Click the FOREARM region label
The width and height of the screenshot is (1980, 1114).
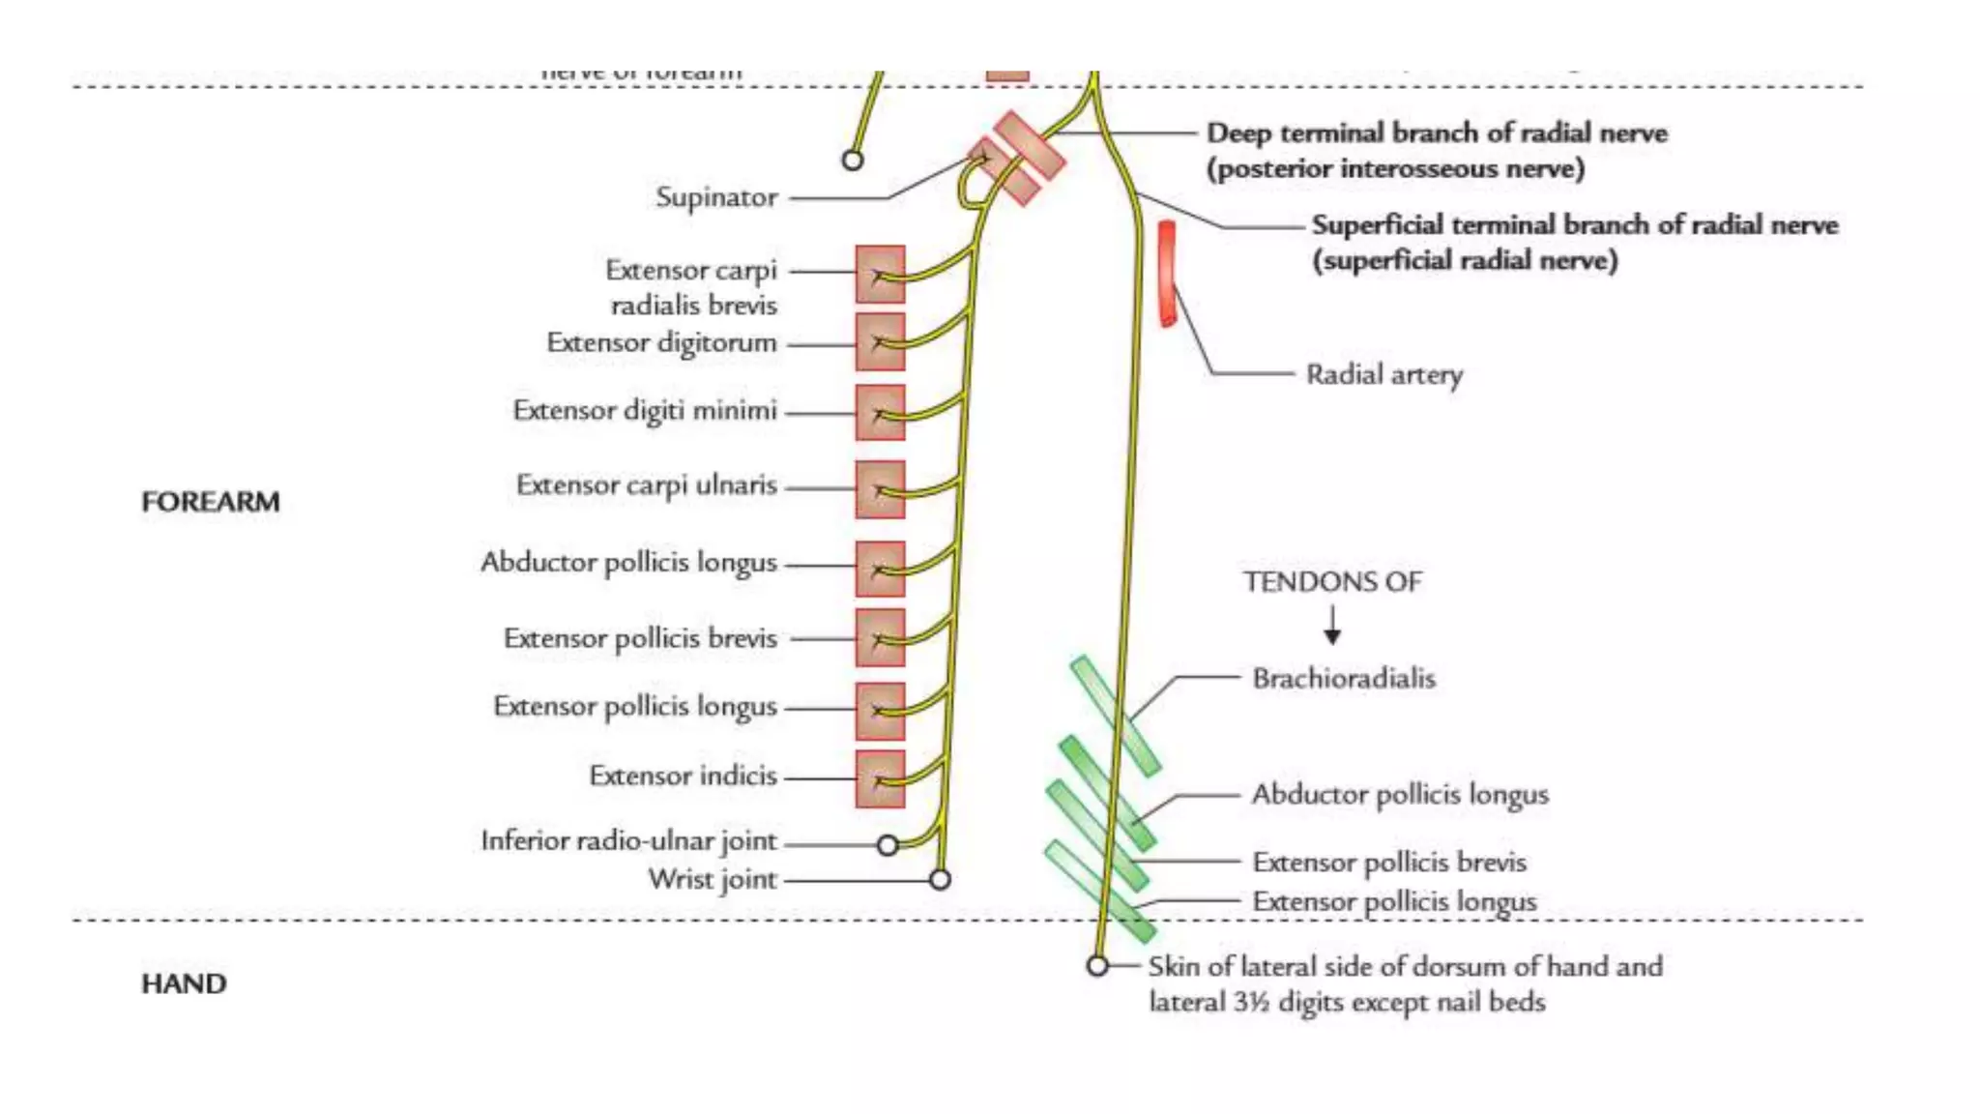[x=211, y=502]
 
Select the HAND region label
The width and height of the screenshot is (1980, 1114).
[x=184, y=983]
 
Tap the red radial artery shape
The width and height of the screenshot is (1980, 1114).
[x=1167, y=274]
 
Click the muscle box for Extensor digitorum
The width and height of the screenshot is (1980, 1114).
[x=880, y=342]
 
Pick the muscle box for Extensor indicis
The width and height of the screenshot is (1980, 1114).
[x=880, y=778]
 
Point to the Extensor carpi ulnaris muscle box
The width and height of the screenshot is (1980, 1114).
[x=880, y=489]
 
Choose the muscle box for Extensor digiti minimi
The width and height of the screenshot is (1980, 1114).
[x=880, y=413]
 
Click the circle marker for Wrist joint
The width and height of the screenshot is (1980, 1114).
[x=940, y=879]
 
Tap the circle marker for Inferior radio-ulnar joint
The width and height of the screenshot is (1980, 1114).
[x=888, y=845]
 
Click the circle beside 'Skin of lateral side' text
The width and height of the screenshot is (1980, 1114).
[x=1096, y=965]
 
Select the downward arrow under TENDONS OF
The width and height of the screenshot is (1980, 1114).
[x=1332, y=626]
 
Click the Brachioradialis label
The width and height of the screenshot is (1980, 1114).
[x=1344, y=678]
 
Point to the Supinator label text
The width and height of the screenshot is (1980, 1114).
[x=716, y=197]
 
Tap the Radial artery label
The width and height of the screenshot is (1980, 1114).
[x=1383, y=374]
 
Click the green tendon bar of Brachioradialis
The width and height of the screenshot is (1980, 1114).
[x=1115, y=716]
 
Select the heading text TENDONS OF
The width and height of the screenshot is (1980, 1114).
[x=1332, y=582]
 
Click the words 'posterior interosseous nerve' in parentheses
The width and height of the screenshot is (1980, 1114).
[x=1395, y=169]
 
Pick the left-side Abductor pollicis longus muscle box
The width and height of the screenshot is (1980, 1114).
[x=880, y=569]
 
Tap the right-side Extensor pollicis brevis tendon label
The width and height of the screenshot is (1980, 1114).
[x=1389, y=862]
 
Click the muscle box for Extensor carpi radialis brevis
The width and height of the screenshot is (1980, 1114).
[x=880, y=275]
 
